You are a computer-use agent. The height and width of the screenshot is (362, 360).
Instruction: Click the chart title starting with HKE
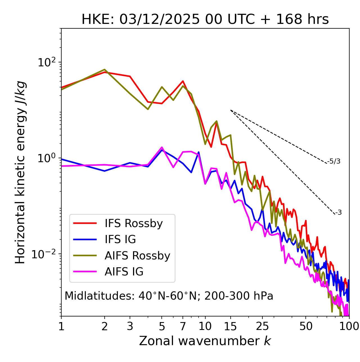(x=205, y=20)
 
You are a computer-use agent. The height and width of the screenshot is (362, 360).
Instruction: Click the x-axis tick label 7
(x=183, y=326)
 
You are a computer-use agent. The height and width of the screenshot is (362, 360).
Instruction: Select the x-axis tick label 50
(x=306, y=326)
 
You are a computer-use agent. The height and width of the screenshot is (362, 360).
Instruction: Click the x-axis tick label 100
(x=349, y=326)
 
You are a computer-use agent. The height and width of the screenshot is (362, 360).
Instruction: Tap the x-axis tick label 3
(x=130, y=326)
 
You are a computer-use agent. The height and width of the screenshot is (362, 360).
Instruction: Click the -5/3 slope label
(x=334, y=161)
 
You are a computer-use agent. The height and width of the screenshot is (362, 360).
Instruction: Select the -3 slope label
(x=338, y=213)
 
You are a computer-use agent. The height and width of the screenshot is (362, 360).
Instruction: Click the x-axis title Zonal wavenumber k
(x=205, y=341)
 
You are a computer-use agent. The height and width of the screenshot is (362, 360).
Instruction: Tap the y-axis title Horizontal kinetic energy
(x=20, y=172)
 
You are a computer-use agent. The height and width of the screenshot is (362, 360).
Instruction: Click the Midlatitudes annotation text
(x=169, y=296)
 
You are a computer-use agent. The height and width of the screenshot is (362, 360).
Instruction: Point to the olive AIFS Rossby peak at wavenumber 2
(x=105, y=69)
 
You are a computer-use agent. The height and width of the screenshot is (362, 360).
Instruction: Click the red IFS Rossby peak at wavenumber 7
(x=183, y=81)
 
